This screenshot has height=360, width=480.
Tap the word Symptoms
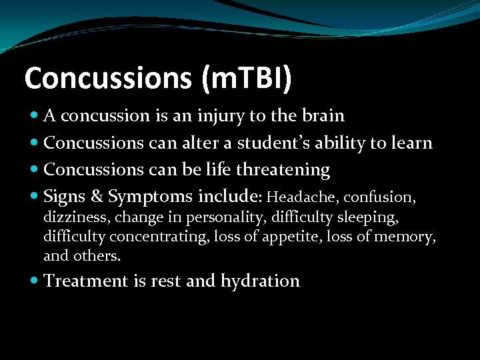pyautogui.click(x=151, y=197)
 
